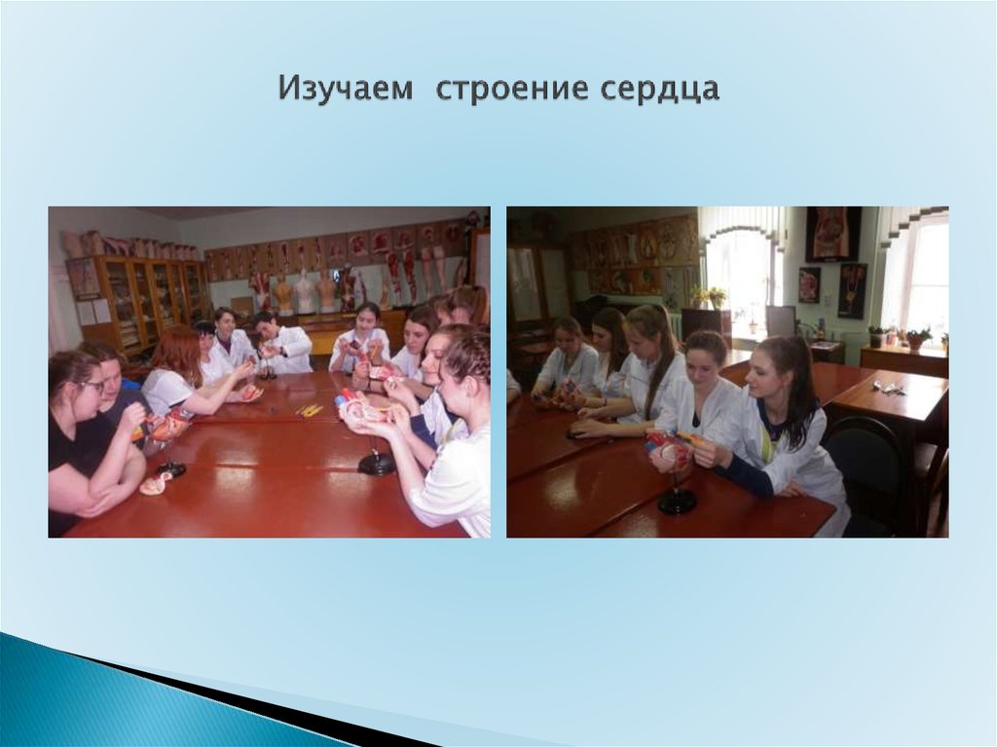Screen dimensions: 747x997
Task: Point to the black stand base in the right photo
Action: point(677,503)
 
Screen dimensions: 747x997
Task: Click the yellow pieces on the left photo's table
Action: point(310,411)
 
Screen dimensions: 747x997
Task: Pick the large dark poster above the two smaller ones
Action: point(832,234)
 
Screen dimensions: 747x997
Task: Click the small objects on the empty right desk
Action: point(887,388)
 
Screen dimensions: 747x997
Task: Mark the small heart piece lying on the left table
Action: point(155,484)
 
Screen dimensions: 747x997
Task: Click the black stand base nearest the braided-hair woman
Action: point(376,465)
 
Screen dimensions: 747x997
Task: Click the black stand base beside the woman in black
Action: point(171,469)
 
